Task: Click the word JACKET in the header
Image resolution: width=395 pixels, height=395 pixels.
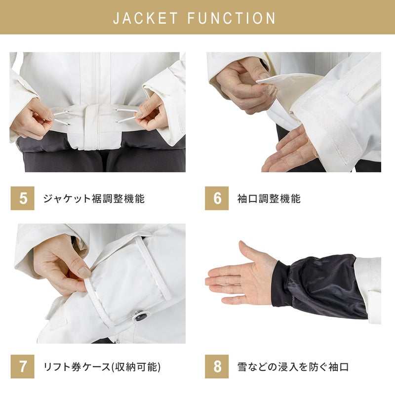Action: pos(146,18)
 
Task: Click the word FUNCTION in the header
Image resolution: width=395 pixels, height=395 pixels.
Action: pos(232,18)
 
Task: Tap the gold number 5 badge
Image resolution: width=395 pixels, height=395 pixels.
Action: pos(22,198)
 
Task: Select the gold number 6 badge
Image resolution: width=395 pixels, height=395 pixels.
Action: pos(217,198)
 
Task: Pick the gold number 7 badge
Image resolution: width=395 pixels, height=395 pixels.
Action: pos(22,366)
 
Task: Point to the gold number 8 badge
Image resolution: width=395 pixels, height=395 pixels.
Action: pos(217,366)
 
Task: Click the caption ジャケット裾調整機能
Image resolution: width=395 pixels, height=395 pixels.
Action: pos(94,198)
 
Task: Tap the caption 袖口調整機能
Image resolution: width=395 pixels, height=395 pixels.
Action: pos(269,198)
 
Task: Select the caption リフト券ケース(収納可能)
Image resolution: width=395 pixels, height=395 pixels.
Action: pos(102,367)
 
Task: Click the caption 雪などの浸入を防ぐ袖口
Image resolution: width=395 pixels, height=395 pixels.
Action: pos(293,367)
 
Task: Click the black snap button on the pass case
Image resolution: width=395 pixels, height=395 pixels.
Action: pos(140,316)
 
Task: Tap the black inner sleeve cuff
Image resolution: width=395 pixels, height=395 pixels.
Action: pos(318,286)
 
